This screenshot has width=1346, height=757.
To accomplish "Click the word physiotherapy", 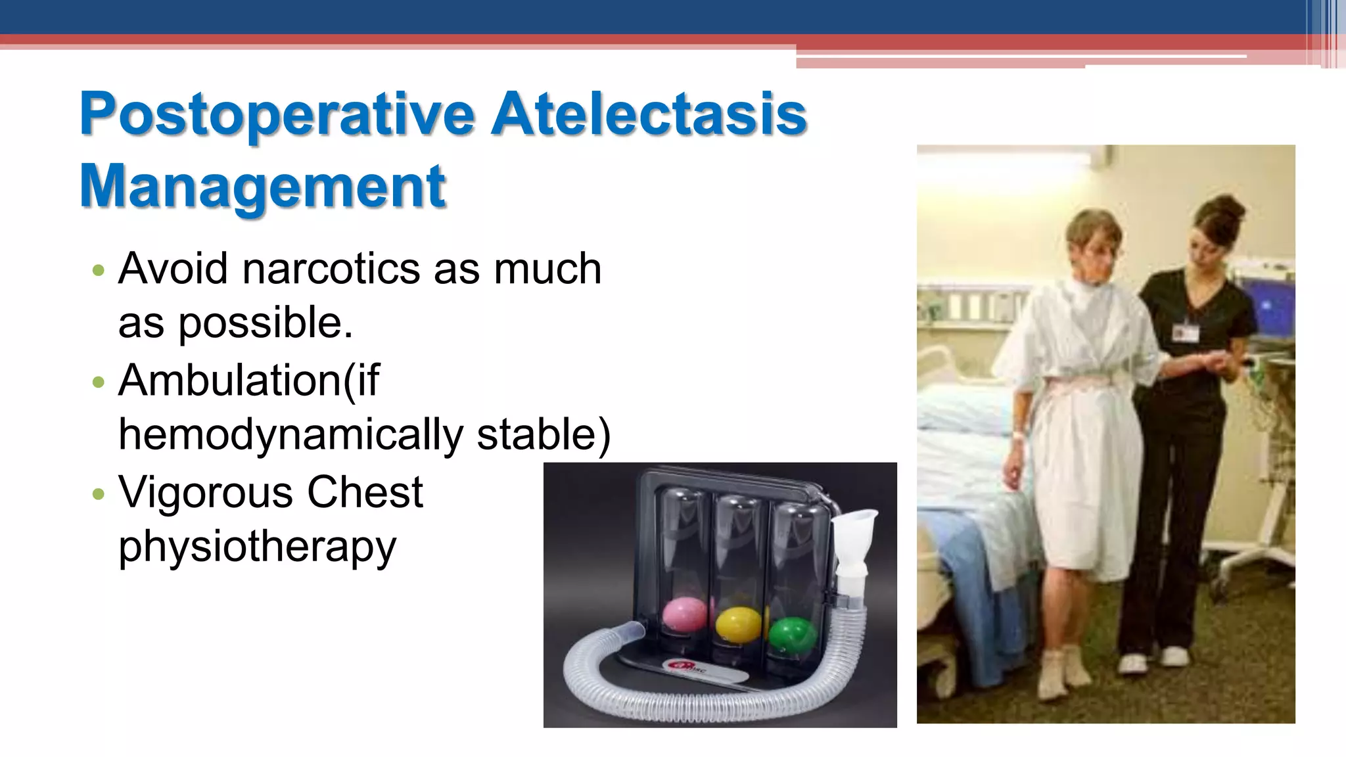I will pyautogui.click(x=257, y=547).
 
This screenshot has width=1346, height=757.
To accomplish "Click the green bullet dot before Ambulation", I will pyautogui.click(x=99, y=382).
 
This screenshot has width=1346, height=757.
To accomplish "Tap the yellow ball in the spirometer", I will pyautogui.click(x=737, y=624).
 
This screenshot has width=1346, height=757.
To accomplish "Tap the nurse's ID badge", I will pyautogui.click(x=1185, y=332).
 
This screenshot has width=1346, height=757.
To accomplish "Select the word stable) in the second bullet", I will pyautogui.click(x=544, y=435).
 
